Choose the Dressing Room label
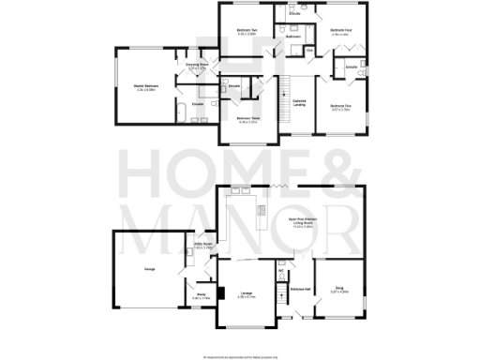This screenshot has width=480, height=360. point(197,66)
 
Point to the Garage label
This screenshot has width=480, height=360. point(149,269)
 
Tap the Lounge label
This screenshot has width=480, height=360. point(247,294)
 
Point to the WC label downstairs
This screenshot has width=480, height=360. point(281,272)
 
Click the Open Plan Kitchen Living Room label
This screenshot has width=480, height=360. point(300,224)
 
